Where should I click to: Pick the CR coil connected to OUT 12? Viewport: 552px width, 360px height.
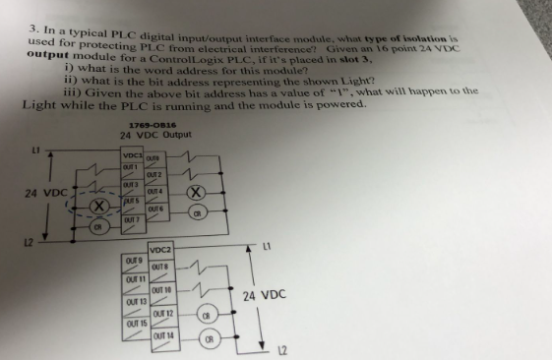pyautogui.click(x=208, y=317)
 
